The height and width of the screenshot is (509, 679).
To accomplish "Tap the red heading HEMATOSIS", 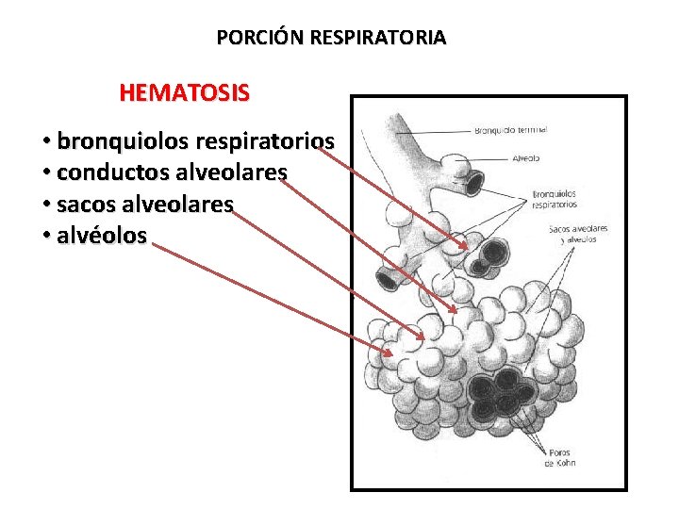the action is click(185, 93).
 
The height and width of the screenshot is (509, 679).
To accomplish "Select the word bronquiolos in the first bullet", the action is click(123, 142).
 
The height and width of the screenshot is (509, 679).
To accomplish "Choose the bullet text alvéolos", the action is click(102, 236).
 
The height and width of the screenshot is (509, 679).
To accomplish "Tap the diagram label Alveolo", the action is click(526, 159).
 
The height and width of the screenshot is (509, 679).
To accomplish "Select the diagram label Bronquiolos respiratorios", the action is click(555, 199).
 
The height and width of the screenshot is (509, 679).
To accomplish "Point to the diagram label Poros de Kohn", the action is click(559, 457).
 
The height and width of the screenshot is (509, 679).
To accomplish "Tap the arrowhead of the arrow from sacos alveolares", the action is click(421, 337).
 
